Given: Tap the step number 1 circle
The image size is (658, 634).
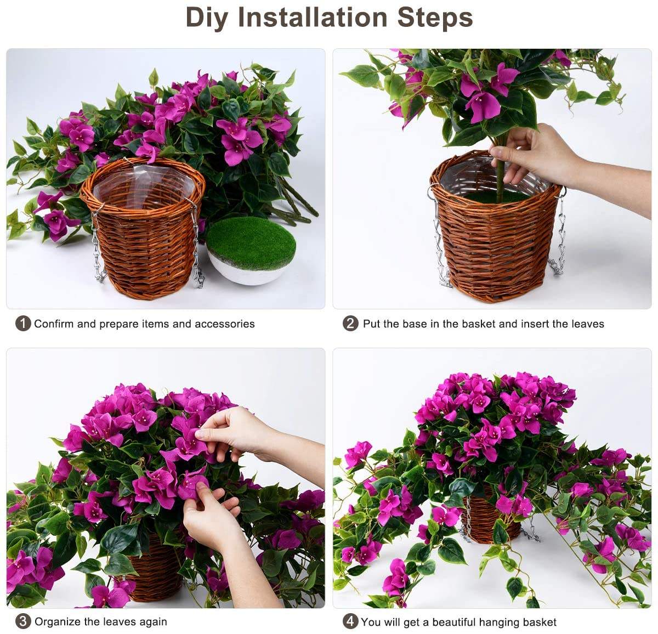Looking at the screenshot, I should [x=22, y=324].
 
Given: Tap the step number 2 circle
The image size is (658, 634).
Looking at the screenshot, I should [x=350, y=324].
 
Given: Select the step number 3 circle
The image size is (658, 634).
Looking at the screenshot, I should [x=22, y=621].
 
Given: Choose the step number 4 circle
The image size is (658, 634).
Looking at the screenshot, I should [x=350, y=621].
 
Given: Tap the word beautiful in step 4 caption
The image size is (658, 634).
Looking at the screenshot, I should [x=454, y=622].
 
